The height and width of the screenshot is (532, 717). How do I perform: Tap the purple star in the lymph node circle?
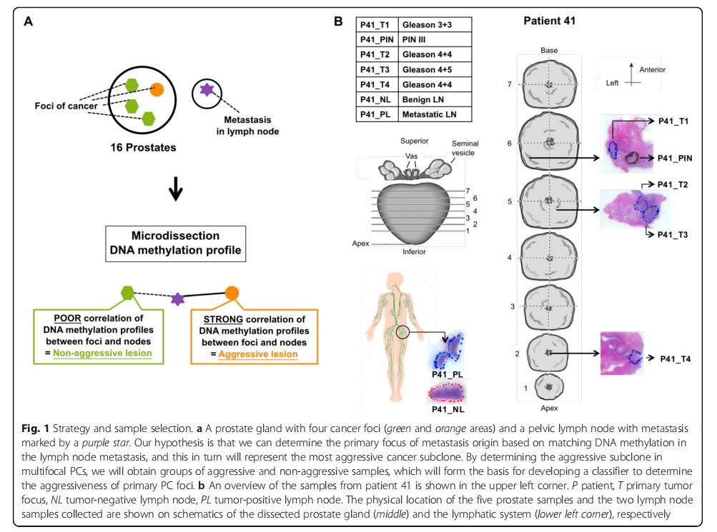207,90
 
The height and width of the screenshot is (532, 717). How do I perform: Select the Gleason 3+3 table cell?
434,25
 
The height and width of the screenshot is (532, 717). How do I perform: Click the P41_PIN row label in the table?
377,40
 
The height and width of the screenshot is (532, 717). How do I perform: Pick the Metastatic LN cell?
434,114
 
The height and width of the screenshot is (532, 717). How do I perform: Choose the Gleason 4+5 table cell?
434,69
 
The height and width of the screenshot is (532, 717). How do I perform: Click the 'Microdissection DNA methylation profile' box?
176,243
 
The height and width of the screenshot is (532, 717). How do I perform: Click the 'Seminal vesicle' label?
465,149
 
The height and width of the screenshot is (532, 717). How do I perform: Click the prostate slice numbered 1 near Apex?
549,387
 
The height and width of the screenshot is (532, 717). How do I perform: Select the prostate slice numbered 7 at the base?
549,84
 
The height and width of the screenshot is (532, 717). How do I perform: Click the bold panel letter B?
339,21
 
